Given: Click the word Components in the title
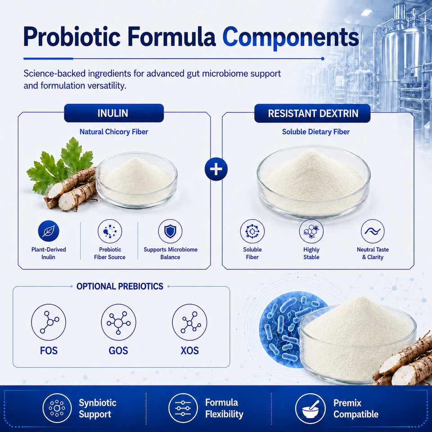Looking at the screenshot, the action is click(x=290, y=38).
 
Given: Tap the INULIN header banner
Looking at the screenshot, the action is click(x=114, y=113).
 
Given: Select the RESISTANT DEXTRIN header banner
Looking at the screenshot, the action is click(x=312, y=113).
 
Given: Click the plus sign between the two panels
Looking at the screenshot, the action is click(x=216, y=169).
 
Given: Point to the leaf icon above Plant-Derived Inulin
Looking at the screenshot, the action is click(x=49, y=231).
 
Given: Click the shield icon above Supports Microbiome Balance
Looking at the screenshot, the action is click(x=170, y=231).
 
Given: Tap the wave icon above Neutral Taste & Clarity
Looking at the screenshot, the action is click(x=373, y=231).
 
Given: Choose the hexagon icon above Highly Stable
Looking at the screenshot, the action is click(x=311, y=231).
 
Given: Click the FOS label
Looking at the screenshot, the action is click(x=49, y=351).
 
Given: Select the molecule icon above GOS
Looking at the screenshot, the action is click(x=118, y=322).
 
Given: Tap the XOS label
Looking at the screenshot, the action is click(x=189, y=351).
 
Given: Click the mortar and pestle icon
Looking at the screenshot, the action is click(x=310, y=408).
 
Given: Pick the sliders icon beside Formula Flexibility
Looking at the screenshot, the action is click(x=183, y=408).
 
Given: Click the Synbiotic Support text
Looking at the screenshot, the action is click(x=98, y=408).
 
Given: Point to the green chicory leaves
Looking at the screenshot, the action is click(x=59, y=165).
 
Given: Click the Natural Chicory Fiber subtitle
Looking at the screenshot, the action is click(x=114, y=132).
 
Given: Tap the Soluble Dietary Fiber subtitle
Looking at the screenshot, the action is click(x=316, y=132).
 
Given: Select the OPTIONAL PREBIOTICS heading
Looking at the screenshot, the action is click(x=120, y=287).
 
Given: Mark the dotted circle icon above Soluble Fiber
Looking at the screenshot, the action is click(x=252, y=231).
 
